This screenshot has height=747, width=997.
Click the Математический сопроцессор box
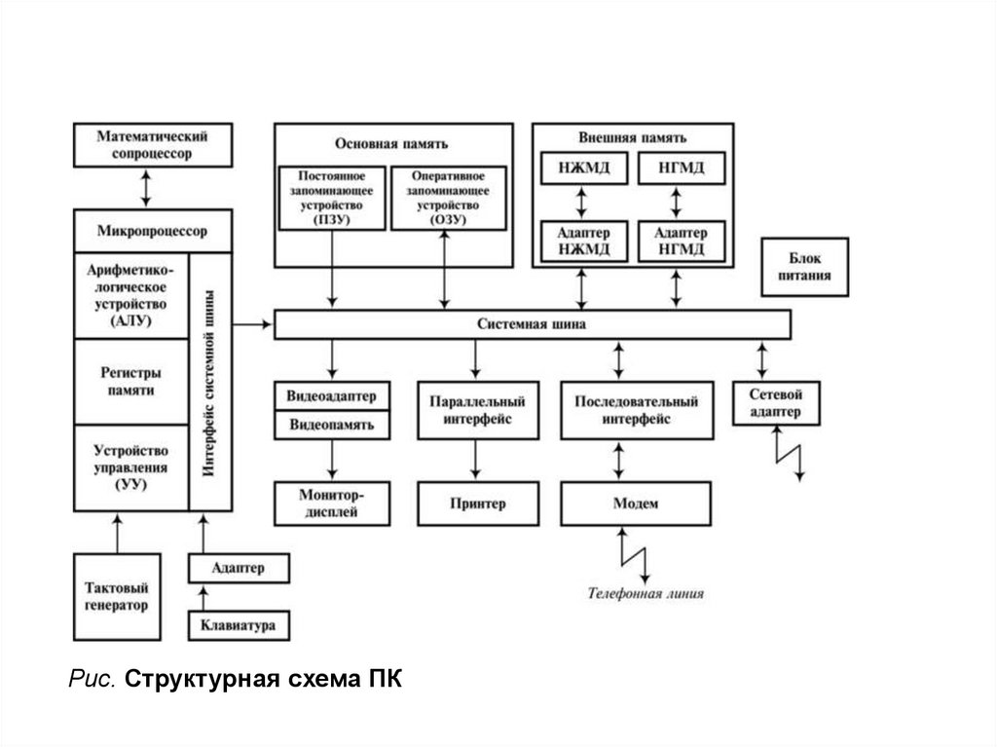pyautogui.click(x=152, y=145)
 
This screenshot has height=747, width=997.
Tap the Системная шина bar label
pyautogui.click(x=532, y=324)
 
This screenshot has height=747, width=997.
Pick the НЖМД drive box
pyautogui.click(x=584, y=169)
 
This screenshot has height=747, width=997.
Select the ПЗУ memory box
pyautogui.click(x=332, y=198)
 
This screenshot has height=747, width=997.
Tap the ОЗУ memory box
pyautogui.click(x=447, y=198)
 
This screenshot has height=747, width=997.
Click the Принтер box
pyautogui.click(x=477, y=504)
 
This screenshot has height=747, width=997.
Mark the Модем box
pyautogui.click(x=636, y=504)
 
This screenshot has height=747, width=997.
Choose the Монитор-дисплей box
pyautogui.click(x=332, y=504)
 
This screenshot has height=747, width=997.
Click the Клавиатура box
pyautogui.click(x=238, y=625)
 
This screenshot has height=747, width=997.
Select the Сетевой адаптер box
pyautogui.click(x=776, y=403)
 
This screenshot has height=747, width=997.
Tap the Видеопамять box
pyautogui.click(x=332, y=426)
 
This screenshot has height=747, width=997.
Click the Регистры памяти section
pyautogui.click(x=130, y=382)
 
